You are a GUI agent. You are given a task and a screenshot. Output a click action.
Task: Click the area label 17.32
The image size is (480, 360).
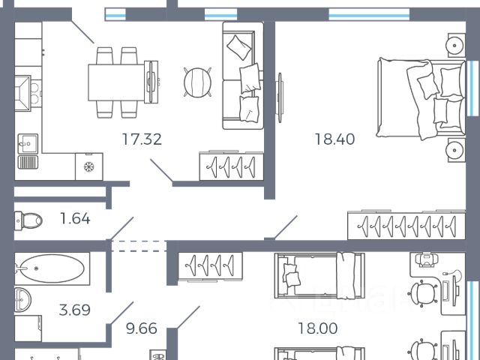(142, 138)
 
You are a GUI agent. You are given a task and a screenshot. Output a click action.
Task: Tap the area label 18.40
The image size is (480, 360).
(334, 138)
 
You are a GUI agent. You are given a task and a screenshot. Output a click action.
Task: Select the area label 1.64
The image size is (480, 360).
(76, 219)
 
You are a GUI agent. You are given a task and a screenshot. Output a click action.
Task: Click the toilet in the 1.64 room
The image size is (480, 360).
(28, 220)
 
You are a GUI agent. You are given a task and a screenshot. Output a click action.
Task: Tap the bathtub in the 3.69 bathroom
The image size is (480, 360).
(52, 267)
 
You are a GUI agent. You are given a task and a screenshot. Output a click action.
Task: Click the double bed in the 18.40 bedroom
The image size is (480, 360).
(420, 98)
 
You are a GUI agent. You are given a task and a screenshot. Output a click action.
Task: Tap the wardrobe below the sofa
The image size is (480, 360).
(232, 165)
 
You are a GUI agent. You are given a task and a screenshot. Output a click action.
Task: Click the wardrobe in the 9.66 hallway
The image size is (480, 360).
(211, 265)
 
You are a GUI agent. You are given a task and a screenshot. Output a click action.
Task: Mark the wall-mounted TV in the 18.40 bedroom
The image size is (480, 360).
(281, 97)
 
